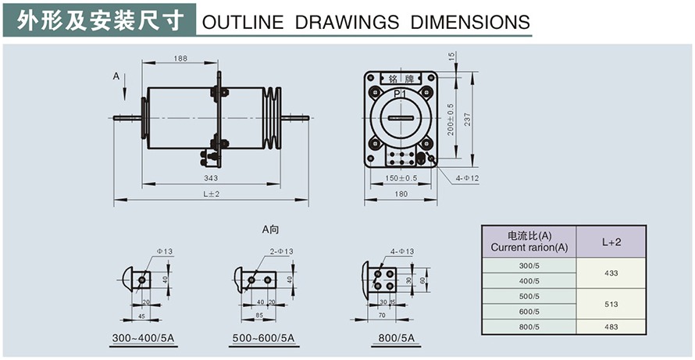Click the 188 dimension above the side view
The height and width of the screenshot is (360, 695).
[180, 59]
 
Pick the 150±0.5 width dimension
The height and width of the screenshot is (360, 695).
[402, 178]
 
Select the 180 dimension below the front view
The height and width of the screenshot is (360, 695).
[402, 194]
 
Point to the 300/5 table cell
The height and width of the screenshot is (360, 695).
[529, 266]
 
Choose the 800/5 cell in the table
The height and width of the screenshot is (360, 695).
[529, 326]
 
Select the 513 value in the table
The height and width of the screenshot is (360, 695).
[611, 304]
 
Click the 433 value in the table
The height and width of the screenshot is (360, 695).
[611, 274]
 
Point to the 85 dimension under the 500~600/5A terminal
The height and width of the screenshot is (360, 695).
[261, 315]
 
